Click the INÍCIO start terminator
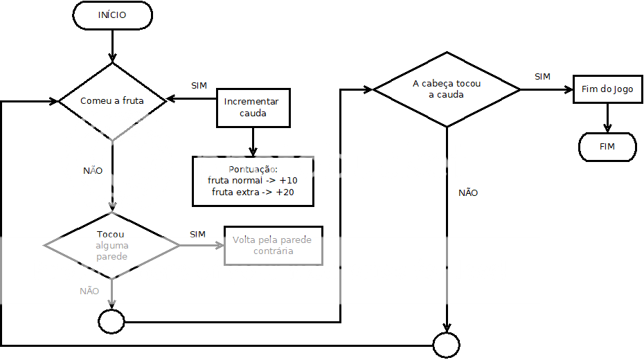click(112, 16)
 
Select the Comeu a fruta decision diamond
click(112, 101)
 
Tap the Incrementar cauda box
click(253, 108)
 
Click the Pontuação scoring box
click(253, 181)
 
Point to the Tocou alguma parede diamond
click(112, 246)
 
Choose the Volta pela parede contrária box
click(273, 245)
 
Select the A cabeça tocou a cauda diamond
click(447, 89)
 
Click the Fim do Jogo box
click(607, 90)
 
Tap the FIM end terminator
click(607, 147)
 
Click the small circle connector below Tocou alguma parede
click(111, 321)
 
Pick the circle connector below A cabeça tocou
click(446, 344)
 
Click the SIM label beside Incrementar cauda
click(199, 86)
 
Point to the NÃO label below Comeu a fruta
click(93, 170)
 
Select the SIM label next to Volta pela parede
click(197, 235)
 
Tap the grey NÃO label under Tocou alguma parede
click(89, 291)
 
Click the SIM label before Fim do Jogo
click(542, 77)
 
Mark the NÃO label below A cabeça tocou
click(468, 193)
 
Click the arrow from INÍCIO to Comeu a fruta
click(112, 46)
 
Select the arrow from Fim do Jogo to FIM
click(607, 118)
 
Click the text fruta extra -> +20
click(253, 192)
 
